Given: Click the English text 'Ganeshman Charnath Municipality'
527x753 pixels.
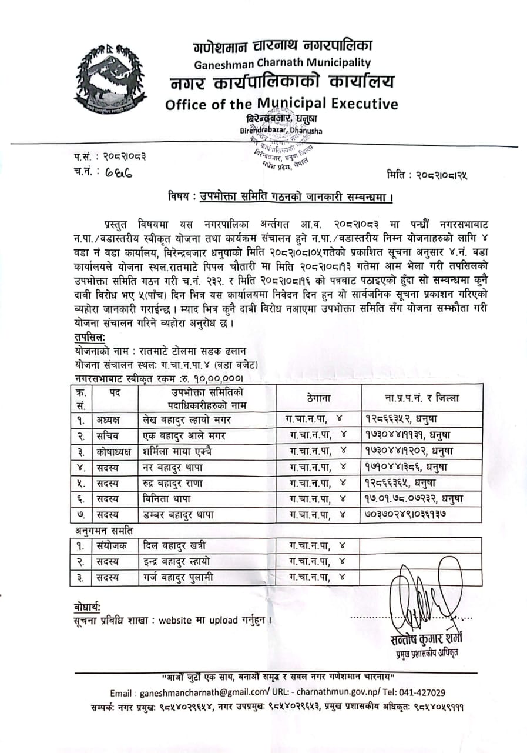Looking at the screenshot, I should pyautogui.click(x=281, y=62).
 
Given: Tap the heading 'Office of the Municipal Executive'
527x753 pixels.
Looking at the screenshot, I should pyautogui.click(x=281, y=104).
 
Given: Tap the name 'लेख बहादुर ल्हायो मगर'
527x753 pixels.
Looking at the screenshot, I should pyautogui.click(x=191, y=419).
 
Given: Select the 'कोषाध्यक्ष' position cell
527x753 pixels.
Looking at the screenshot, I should pyautogui.click(x=115, y=451).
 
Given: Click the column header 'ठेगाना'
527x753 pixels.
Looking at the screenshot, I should pyautogui.click(x=319, y=398).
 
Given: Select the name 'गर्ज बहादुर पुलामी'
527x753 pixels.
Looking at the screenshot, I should pyautogui.click(x=178, y=577).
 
